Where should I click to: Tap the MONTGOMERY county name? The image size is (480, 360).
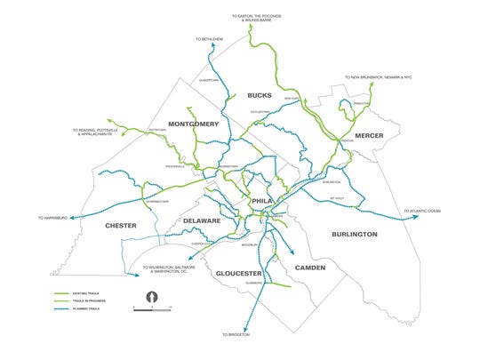click(192, 124)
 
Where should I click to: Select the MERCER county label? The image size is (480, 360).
click(369, 135)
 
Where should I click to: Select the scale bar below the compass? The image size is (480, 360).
click(151, 307)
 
